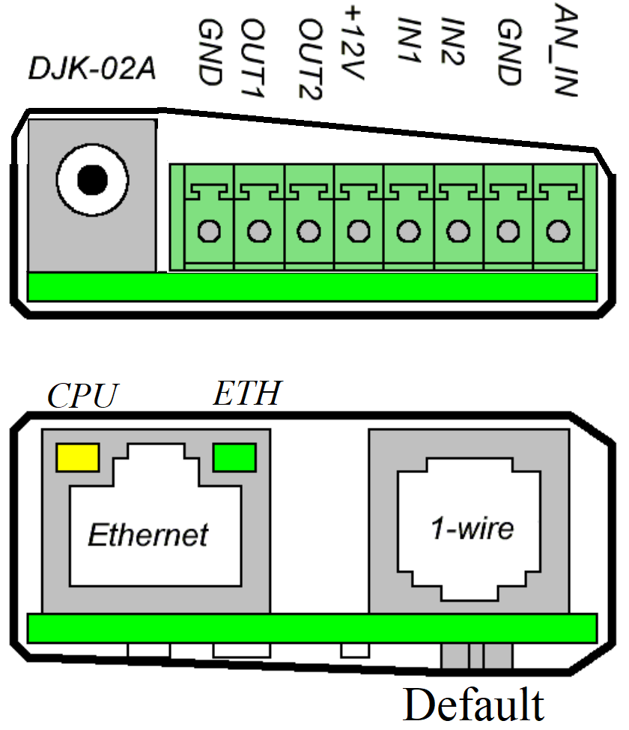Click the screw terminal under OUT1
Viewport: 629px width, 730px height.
point(259,232)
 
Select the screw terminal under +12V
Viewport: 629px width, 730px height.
point(358,232)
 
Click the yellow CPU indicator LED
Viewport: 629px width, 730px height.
point(78,456)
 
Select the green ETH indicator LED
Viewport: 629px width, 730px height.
point(234,456)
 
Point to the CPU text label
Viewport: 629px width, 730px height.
point(83,396)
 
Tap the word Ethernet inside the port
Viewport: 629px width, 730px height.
point(148,534)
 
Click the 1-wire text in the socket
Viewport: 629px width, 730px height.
point(472,529)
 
